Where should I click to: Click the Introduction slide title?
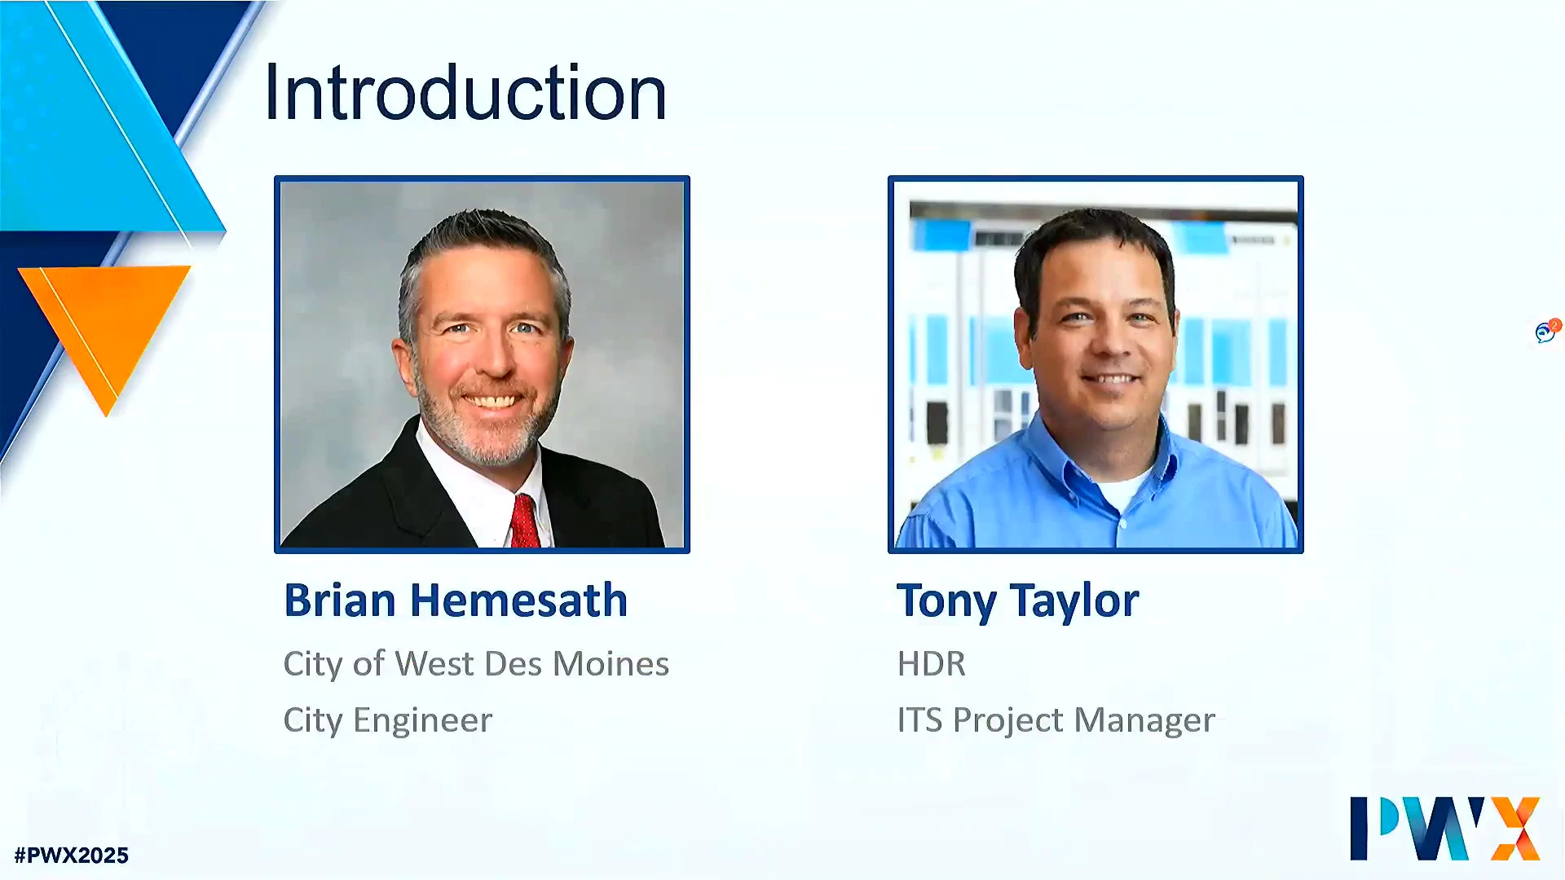point(465,93)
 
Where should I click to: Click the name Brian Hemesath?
point(456,601)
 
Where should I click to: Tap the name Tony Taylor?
point(1017,602)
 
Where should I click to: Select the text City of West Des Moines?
point(476,663)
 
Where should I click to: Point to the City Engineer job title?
point(388,720)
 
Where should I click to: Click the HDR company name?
point(931,664)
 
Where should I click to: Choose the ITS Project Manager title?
point(1056,720)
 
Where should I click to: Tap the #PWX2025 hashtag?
point(72,856)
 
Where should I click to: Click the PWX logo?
point(1445,828)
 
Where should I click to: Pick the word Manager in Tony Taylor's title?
point(1144,720)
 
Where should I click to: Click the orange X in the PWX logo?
point(1515,829)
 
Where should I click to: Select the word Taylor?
point(1074,602)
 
